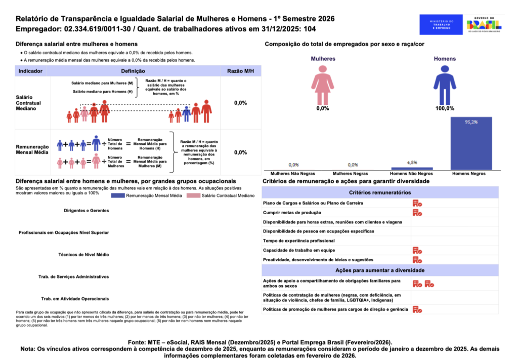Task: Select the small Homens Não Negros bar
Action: point(412,168)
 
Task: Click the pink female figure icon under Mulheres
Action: point(323,84)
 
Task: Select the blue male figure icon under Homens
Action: point(445,84)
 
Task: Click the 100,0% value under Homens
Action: point(445,108)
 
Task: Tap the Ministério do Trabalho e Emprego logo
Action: point(441,24)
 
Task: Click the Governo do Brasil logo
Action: point(484,24)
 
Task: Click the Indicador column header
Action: point(30,71)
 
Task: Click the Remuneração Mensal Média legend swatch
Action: point(117,195)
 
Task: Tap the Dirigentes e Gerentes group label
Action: point(87,210)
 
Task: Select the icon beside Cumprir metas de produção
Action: point(417,213)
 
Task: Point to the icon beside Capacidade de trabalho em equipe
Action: point(417,250)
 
